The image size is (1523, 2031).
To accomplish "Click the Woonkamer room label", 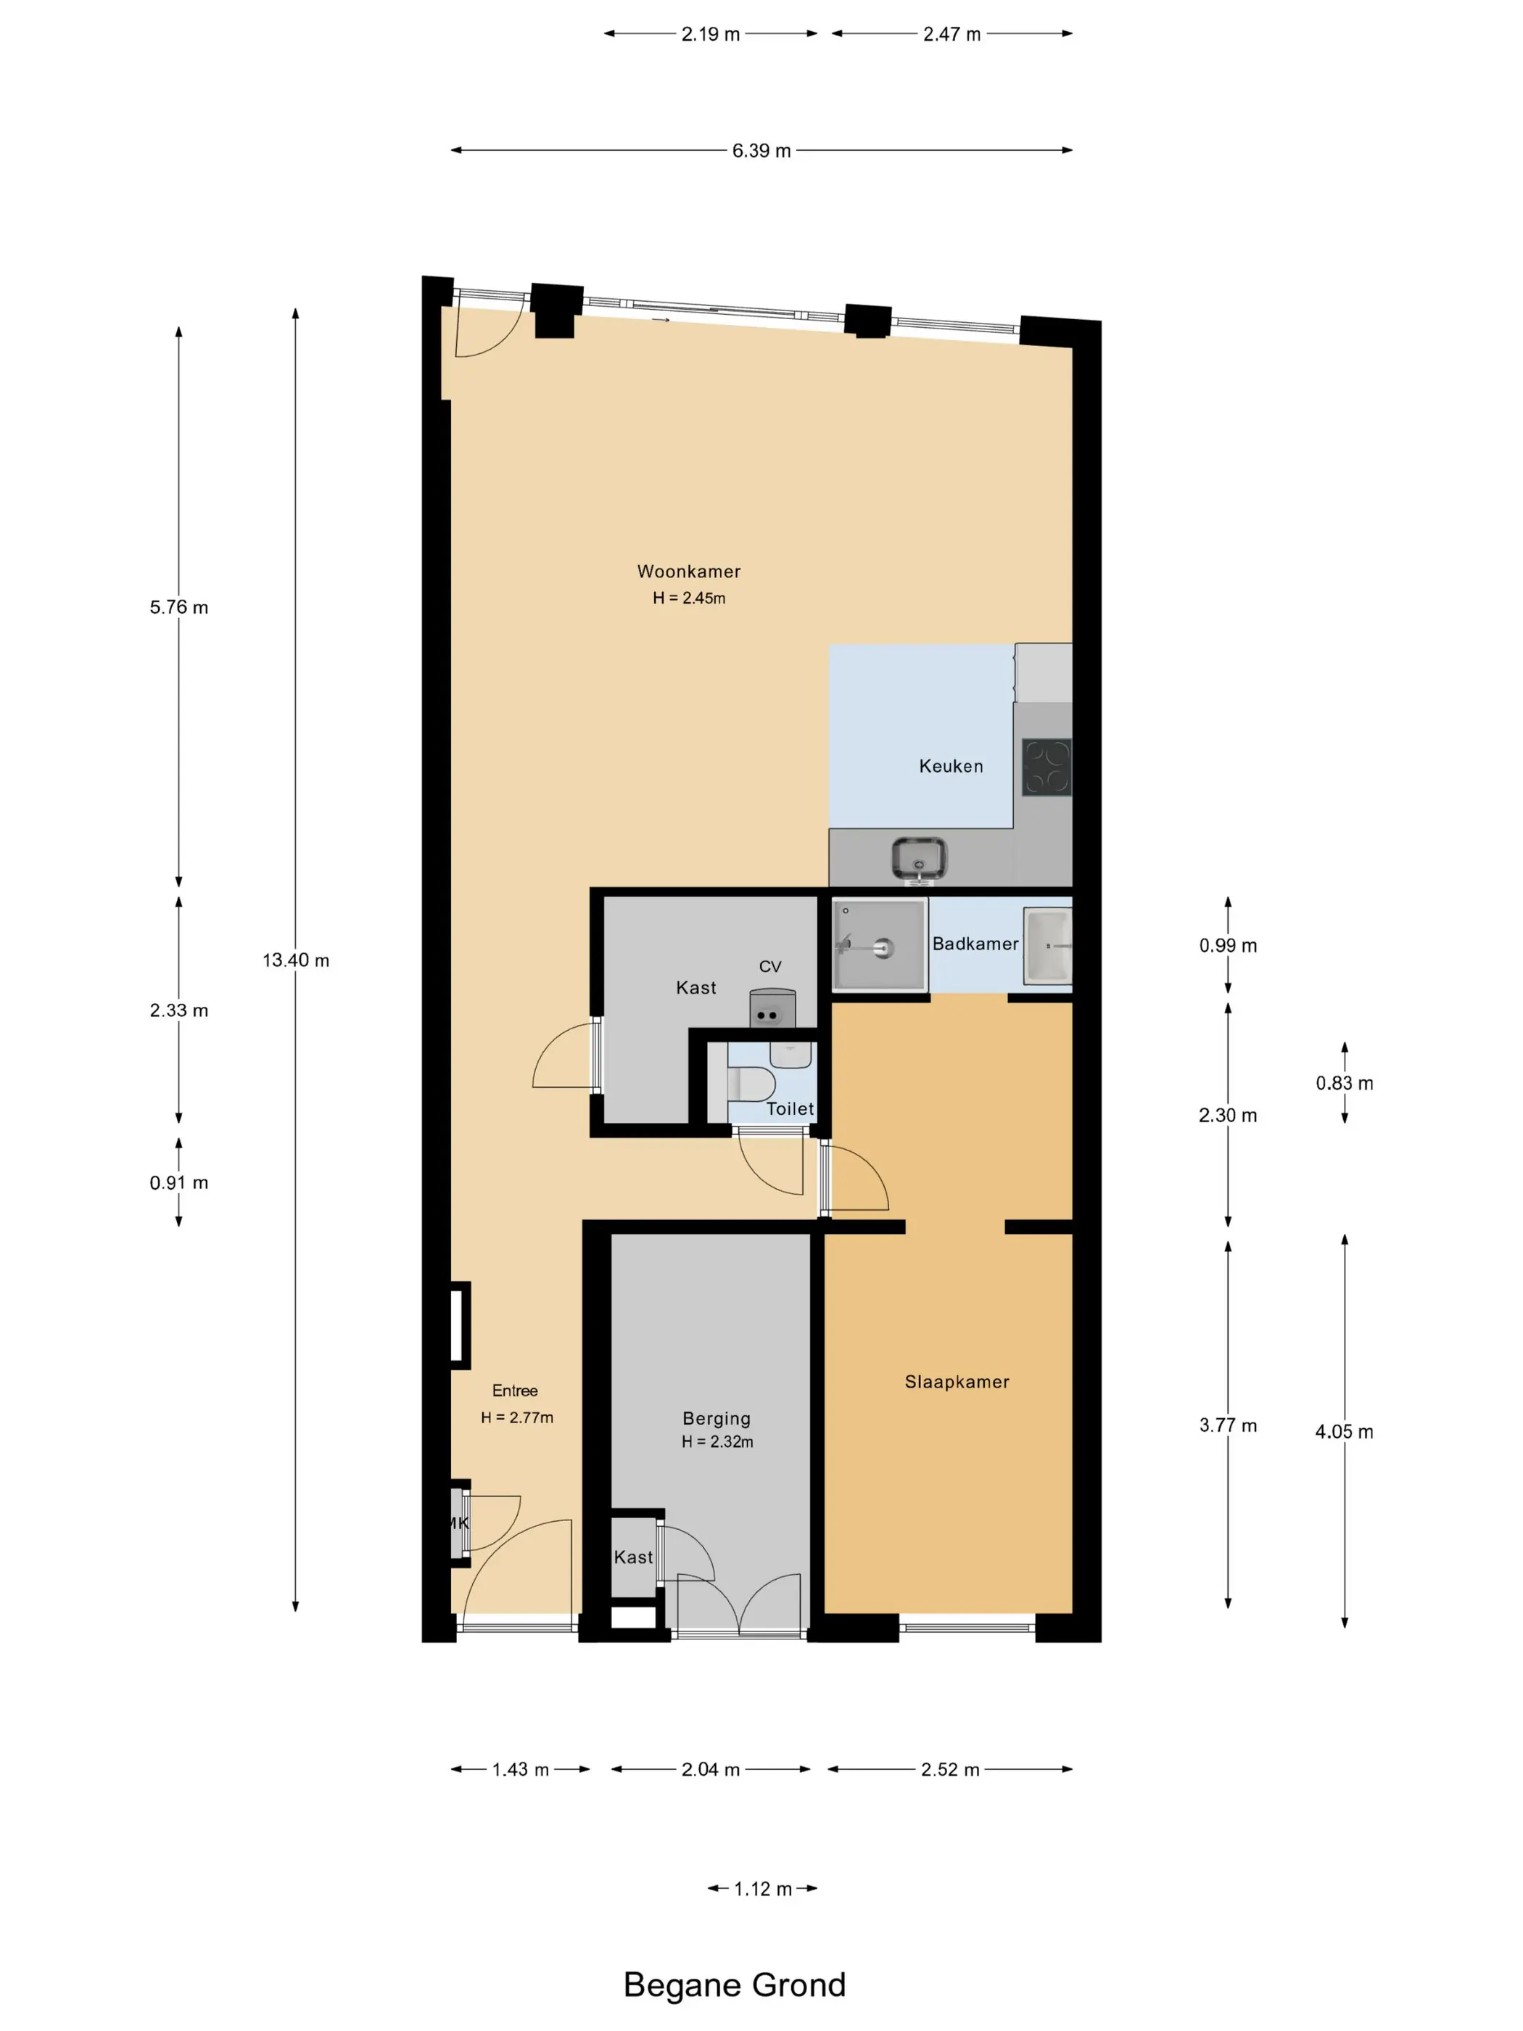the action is pos(688,571).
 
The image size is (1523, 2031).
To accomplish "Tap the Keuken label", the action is pos(951,766).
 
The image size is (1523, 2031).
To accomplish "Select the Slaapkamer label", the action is pos(957,1382).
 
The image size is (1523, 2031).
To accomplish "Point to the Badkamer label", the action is pos(975,944).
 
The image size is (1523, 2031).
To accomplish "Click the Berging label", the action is pos(716,1419).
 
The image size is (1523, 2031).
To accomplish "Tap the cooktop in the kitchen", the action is pos(1047,767).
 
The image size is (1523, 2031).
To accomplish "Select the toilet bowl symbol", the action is pos(751,1084).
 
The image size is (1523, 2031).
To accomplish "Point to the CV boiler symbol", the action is pos(772,1008).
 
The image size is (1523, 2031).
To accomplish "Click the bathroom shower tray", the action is pos(878,945).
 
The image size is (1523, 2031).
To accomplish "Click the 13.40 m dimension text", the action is pos(296,960).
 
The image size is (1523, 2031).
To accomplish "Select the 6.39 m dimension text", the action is pos(761,151).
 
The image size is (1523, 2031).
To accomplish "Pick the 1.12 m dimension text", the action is pos(762,1889).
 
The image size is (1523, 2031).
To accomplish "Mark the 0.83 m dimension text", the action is pos(1344,1084).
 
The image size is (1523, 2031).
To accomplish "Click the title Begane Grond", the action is pos(735,1985).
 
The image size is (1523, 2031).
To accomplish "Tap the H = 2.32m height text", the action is pos(717,1443).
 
